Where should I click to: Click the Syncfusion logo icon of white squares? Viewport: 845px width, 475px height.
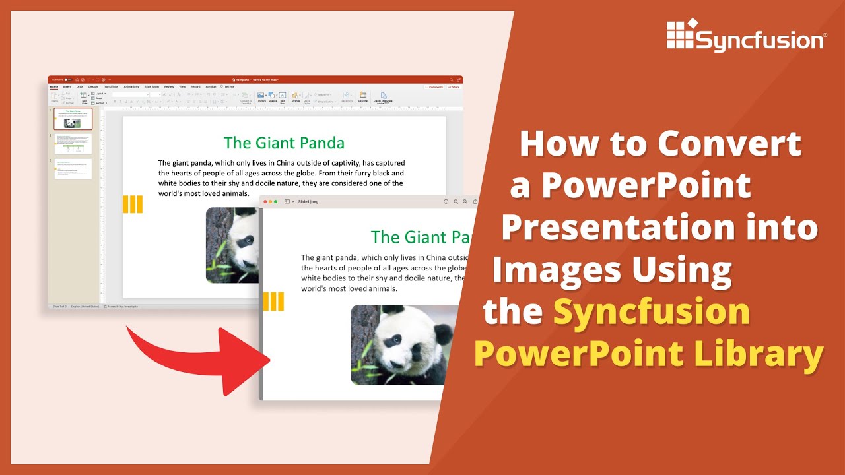pyautogui.click(x=681, y=34)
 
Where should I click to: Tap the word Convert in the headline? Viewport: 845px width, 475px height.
pyautogui.click(x=729, y=144)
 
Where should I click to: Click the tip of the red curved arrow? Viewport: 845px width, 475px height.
pyautogui.click(x=268, y=360)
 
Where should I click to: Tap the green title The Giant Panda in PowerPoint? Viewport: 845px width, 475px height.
pyautogui.click(x=284, y=142)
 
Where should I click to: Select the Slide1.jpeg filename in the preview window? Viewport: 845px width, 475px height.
pyautogui.click(x=308, y=201)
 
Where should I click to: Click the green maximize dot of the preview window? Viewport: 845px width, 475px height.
pyautogui.click(x=275, y=201)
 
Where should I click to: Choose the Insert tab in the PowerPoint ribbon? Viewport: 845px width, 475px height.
pyautogui.click(x=67, y=86)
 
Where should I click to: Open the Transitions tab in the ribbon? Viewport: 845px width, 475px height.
pyautogui.click(x=110, y=86)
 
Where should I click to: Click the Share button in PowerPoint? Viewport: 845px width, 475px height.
pyautogui.click(x=454, y=86)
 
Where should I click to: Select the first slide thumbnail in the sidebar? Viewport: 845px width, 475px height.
pyautogui.click(x=73, y=119)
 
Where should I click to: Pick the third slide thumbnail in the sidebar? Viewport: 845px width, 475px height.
pyautogui.click(x=73, y=169)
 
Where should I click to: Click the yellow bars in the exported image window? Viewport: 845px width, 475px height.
pyautogui.click(x=273, y=301)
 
